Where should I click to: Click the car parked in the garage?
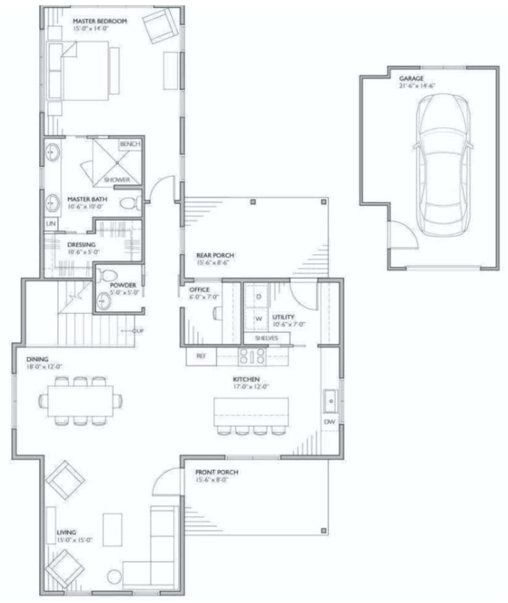(443, 165)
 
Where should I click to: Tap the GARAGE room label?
(410, 78)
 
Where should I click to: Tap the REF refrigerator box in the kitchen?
(201, 356)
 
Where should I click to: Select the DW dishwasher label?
(329, 422)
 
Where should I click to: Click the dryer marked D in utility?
(258, 297)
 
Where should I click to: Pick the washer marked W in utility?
(258, 319)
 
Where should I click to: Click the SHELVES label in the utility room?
(266, 339)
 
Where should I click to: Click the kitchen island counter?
(252, 410)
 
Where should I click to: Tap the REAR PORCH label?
(215, 256)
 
